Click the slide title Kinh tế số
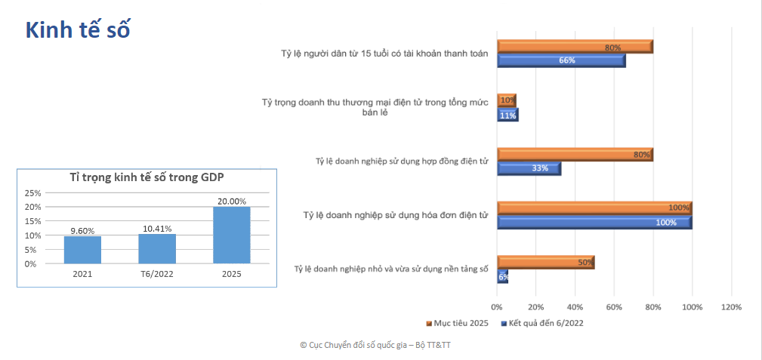79,29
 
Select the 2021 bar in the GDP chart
82,250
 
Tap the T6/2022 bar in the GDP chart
157,249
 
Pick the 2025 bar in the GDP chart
231,235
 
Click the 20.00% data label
231,201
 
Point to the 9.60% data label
82,231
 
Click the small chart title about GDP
147,178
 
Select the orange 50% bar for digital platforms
545,263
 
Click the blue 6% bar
503,277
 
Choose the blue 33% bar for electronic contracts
529,168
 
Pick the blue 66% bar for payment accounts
561,60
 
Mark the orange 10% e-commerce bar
507,100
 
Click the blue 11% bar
507,115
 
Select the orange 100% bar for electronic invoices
594,208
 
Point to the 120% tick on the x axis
731,307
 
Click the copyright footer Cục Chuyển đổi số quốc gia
375,345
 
